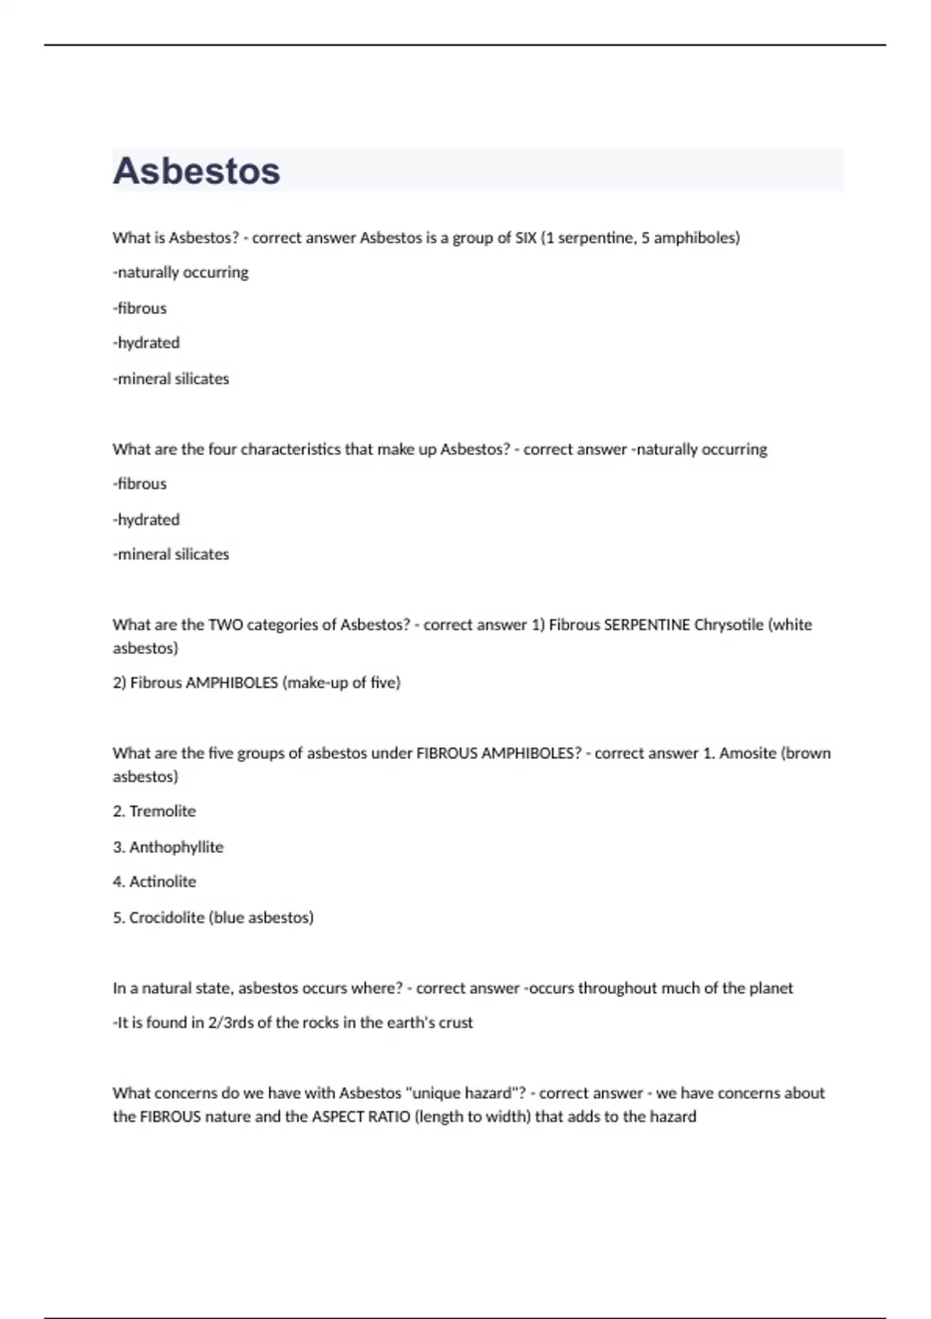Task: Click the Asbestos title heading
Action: [x=196, y=171]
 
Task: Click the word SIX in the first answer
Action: [x=525, y=238]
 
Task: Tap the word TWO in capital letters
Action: [x=226, y=625]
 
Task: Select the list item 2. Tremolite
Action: [x=154, y=812]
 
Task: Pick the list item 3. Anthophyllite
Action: [x=168, y=847]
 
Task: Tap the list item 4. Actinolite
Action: [x=154, y=882]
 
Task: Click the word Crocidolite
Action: [x=166, y=918]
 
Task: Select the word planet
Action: [x=771, y=988]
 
